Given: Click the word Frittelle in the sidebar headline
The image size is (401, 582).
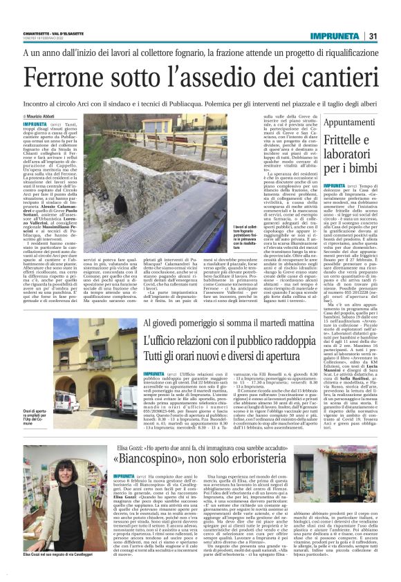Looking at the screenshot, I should tap(337, 140).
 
